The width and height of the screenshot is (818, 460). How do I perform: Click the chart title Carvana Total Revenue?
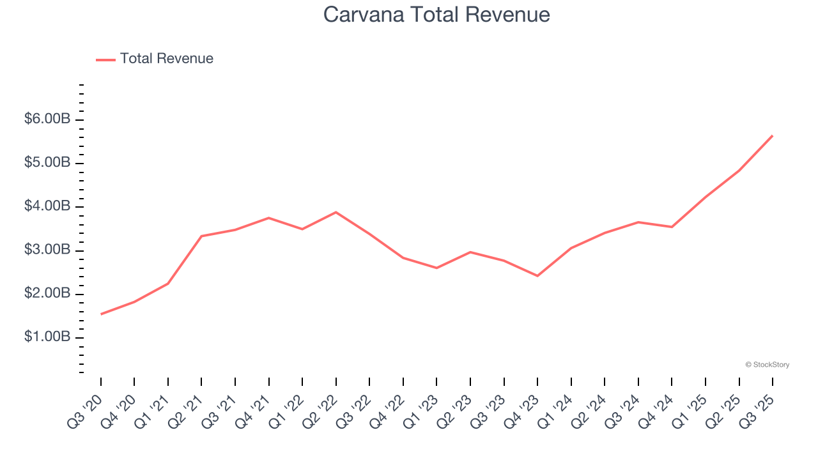(436, 14)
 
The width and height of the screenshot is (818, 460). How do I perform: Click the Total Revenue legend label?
(166, 59)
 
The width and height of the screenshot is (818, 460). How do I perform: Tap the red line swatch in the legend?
(105, 59)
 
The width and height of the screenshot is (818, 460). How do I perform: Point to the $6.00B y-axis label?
(47, 119)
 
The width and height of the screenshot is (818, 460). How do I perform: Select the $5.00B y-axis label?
(47, 163)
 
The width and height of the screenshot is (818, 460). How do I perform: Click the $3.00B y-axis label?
(47, 250)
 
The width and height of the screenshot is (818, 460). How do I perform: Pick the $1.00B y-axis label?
(47, 337)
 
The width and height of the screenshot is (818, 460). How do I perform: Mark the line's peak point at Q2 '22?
(336, 212)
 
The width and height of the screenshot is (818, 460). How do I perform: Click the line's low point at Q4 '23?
(537, 276)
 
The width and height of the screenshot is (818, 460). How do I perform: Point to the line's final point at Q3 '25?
(773, 135)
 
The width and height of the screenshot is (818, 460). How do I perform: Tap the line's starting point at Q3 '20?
(101, 314)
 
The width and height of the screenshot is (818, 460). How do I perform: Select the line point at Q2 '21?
(201, 236)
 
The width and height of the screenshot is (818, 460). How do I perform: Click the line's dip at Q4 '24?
(672, 227)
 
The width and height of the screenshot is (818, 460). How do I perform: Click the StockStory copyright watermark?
(767, 365)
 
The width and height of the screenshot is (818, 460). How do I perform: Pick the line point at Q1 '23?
(436, 268)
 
